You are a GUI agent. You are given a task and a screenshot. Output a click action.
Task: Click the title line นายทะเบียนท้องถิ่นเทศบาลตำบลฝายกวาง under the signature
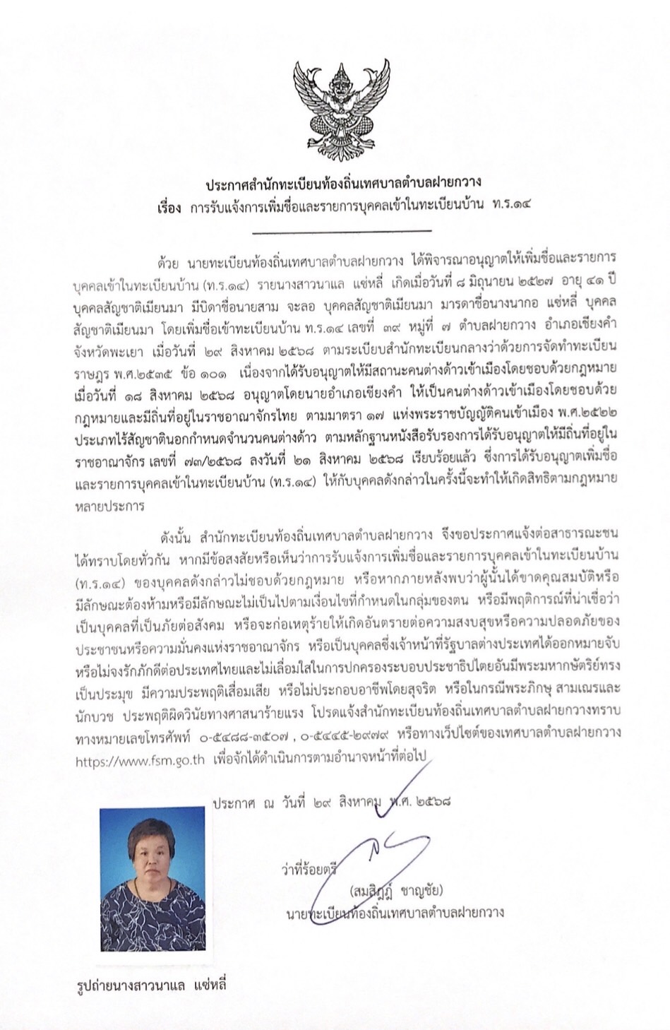395,912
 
